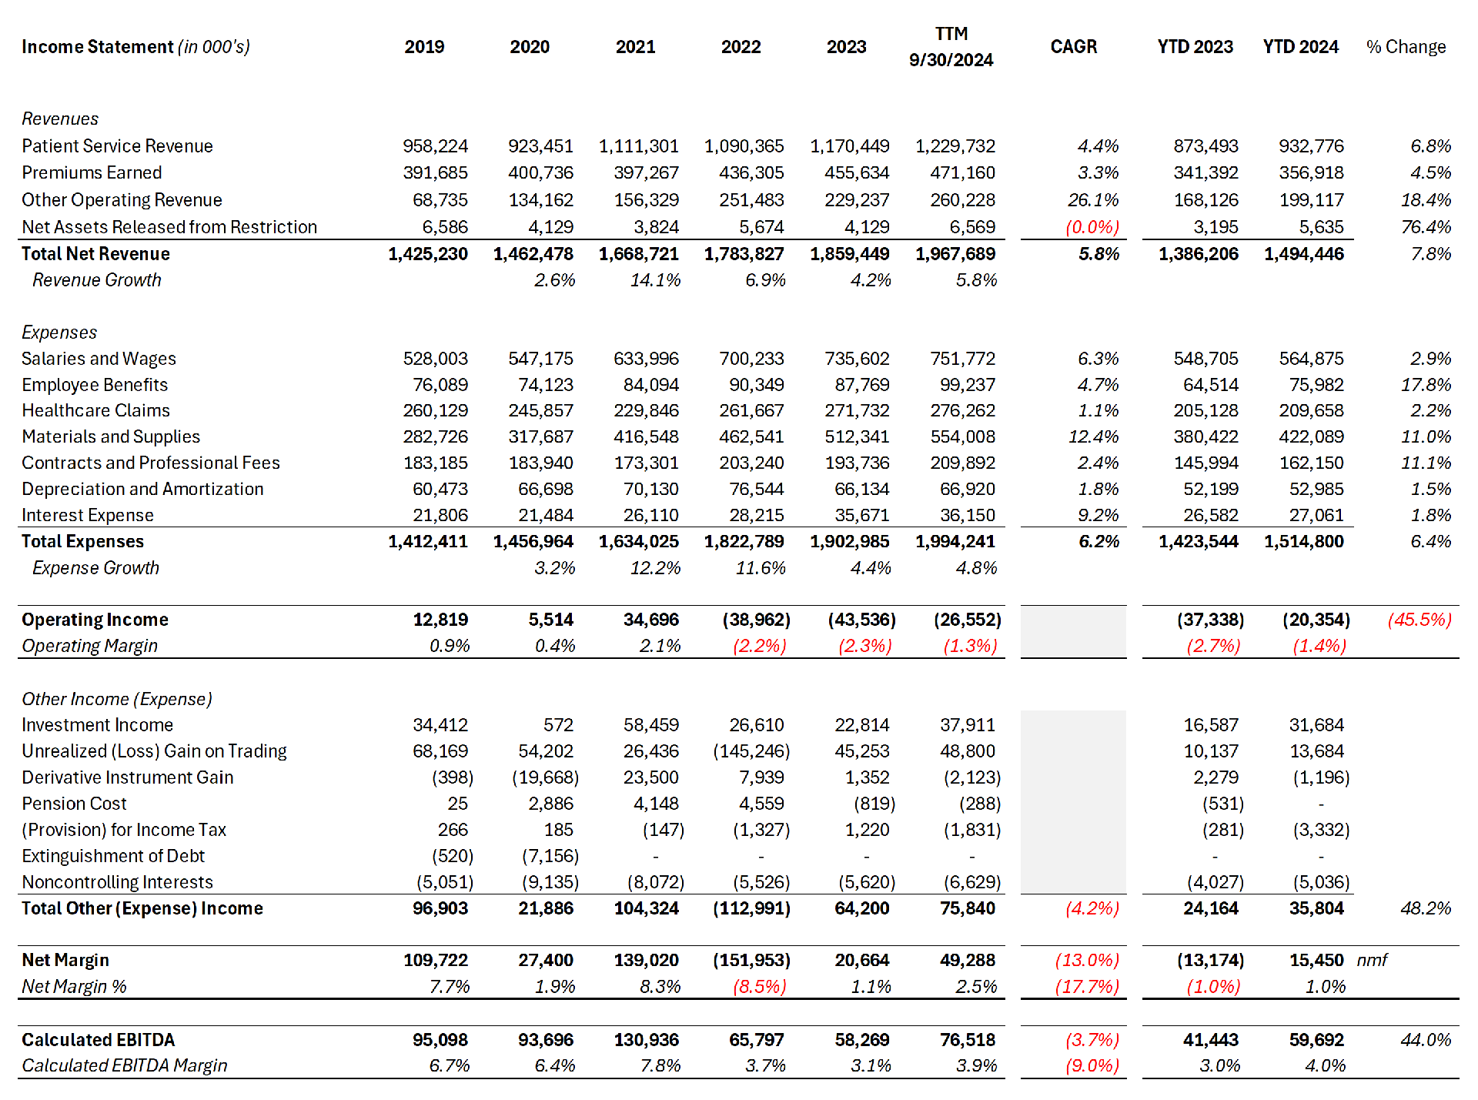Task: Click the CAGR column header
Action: pos(1073,47)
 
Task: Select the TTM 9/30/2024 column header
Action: pos(951,47)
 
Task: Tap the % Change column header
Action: pos(1406,47)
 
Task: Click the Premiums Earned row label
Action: pos(92,172)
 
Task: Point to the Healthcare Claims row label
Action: pos(95,410)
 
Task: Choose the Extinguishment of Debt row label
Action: pos(113,856)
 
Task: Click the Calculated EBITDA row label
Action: pos(98,1040)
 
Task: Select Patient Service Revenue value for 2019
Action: pos(435,146)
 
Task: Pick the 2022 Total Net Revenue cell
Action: pos(744,254)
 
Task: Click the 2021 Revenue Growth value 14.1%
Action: pos(655,280)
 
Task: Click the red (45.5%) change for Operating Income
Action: pos(1419,620)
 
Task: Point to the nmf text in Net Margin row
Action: pos(1372,961)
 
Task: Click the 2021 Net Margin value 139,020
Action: pos(646,961)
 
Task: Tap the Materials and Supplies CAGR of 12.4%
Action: pos(1093,436)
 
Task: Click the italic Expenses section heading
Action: pos(59,333)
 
